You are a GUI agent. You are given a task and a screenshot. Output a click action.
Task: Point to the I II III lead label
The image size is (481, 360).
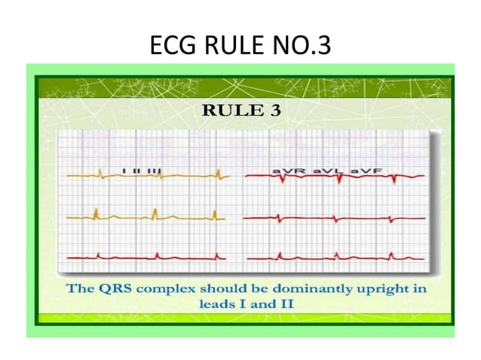point(142,172)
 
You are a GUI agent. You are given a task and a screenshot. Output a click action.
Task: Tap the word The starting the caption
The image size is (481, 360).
point(80,288)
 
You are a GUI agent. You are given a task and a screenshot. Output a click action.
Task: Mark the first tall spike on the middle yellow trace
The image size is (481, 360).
point(97,213)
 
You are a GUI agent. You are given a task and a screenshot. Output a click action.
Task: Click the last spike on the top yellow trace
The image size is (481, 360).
point(217,175)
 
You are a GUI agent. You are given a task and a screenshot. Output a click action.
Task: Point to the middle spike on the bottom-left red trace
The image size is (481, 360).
point(157,255)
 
